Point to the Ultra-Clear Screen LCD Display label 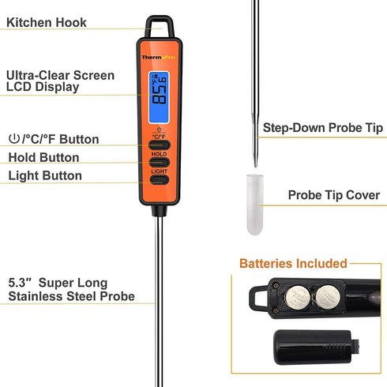[x=59, y=81]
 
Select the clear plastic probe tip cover [x=254, y=205]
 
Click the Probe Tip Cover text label [x=333, y=195]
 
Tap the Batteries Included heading [x=292, y=263]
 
